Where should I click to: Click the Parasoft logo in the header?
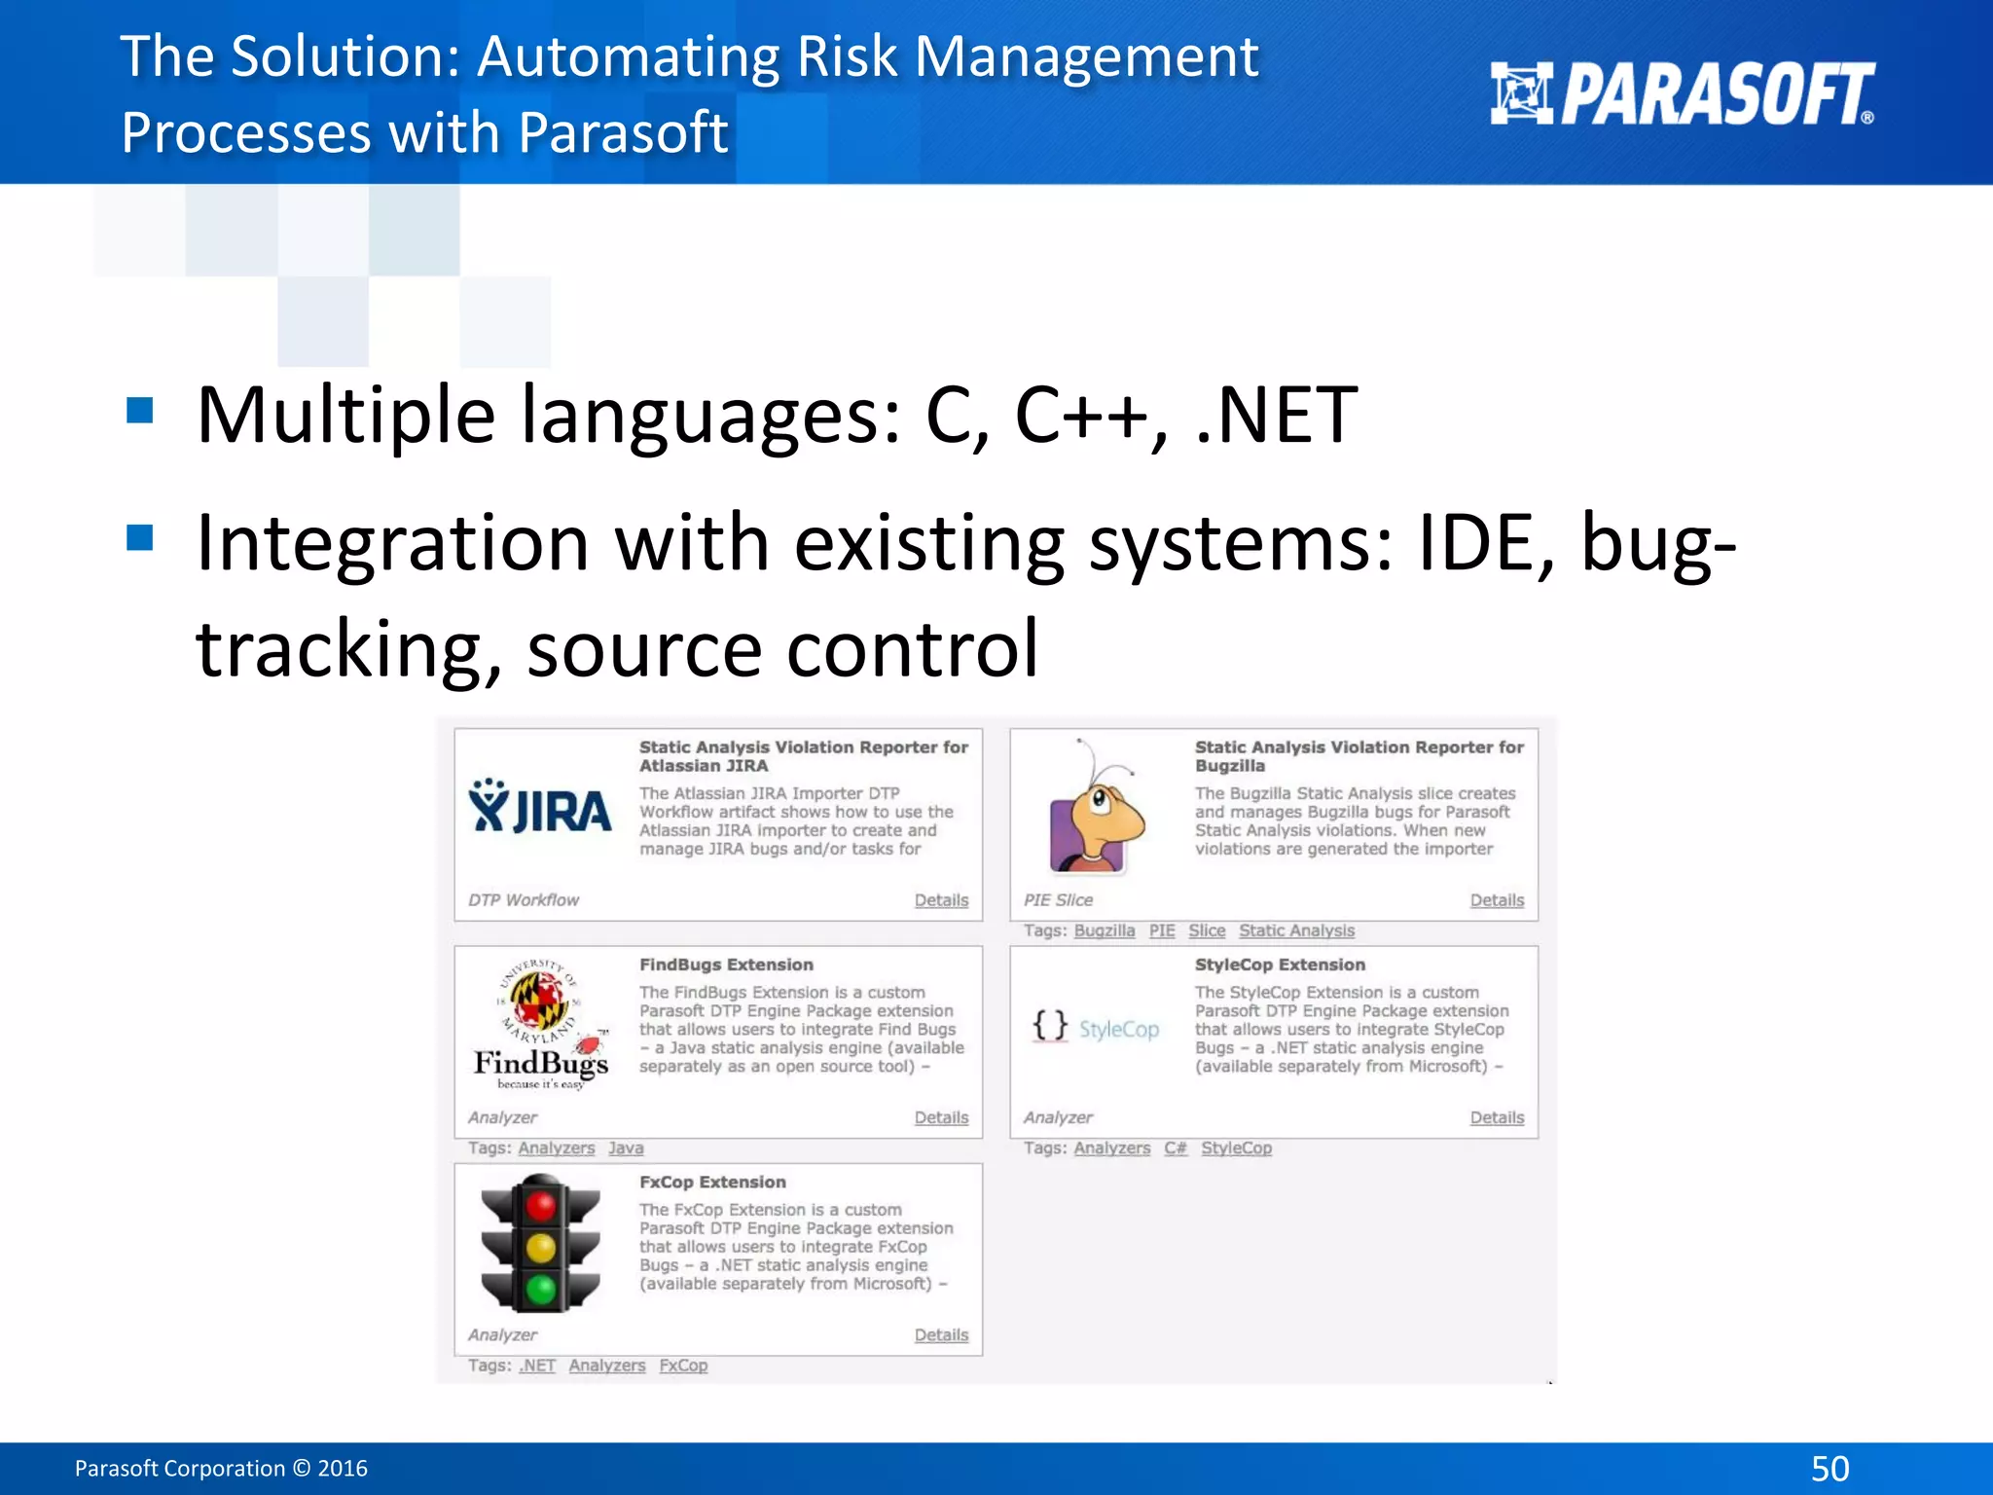(1682, 94)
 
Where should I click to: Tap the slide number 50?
(1830, 1468)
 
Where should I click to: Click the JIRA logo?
(540, 808)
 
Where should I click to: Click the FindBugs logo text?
(541, 1063)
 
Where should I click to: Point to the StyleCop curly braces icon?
(1050, 1026)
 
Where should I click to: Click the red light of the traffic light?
(541, 1207)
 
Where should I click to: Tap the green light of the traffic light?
(541, 1290)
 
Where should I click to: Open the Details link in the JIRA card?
(941, 900)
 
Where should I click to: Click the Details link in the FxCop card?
(941, 1335)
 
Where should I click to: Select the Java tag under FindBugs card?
(626, 1149)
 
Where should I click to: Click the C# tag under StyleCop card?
(1176, 1149)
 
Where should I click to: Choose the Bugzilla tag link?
(1105, 930)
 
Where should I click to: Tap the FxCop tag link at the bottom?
(683, 1366)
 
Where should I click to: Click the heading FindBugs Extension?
(726, 965)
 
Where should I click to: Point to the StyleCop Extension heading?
(1280, 965)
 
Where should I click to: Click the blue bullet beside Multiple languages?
(140, 411)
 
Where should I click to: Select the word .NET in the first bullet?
(1276, 416)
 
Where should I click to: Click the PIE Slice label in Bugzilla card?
(1058, 900)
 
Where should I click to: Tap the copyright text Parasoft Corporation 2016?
(221, 1468)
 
